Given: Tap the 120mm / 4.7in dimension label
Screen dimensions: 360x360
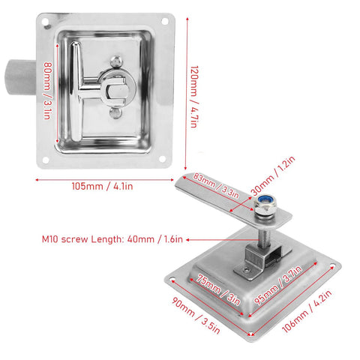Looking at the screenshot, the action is click(x=194, y=97).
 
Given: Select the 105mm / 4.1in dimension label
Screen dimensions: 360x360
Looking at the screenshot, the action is click(x=102, y=186).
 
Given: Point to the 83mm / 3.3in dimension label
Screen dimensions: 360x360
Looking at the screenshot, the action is click(x=216, y=186).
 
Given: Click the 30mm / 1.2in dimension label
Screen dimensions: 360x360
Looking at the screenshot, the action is click(x=273, y=175).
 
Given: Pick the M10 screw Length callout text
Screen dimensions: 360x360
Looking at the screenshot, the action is click(x=112, y=239).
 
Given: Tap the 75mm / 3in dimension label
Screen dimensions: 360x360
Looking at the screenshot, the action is click(x=218, y=290).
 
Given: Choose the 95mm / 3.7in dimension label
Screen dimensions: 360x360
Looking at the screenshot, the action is click(x=278, y=285).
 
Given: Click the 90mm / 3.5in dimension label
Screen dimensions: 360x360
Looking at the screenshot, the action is click(x=196, y=316).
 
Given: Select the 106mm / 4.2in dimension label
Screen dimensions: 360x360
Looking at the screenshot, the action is click(x=307, y=311).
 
